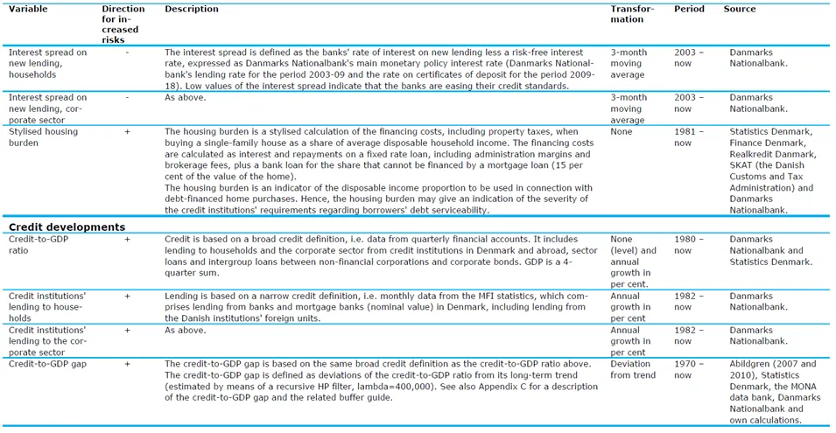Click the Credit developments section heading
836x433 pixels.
(x=66, y=227)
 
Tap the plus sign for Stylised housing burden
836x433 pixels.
(x=128, y=131)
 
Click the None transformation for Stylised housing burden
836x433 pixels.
(x=622, y=131)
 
